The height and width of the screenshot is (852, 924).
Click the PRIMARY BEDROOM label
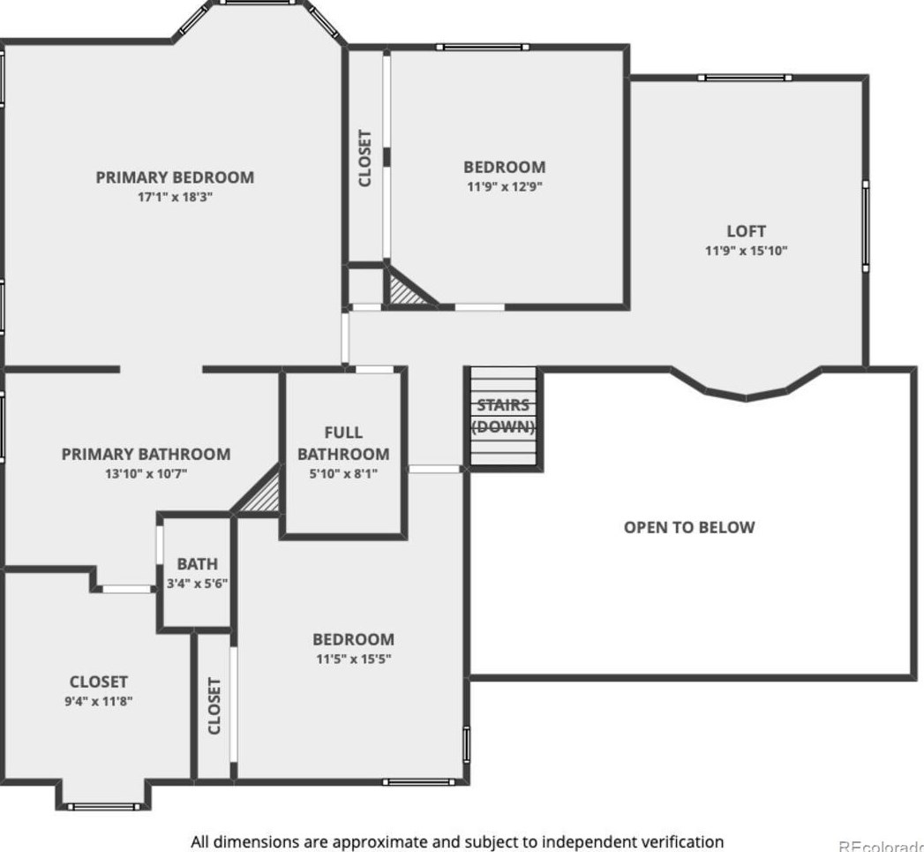pos(175,177)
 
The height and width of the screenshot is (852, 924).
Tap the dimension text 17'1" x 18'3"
pos(175,198)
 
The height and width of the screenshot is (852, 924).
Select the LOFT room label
pos(746,231)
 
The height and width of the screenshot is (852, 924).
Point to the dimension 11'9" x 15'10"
pos(746,251)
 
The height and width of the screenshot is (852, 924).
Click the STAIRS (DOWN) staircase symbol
pos(503,417)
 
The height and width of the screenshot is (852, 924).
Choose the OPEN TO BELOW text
pos(689,527)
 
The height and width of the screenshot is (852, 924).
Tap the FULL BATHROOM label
pos(343,443)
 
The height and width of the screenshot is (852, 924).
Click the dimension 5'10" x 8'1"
pos(343,473)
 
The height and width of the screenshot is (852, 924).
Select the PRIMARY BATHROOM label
pos(146,454)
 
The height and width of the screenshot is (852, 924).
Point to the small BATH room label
pos(197,564)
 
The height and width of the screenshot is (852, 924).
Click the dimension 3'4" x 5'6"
pos(198,584)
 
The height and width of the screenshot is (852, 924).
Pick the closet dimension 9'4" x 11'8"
pos(99,701)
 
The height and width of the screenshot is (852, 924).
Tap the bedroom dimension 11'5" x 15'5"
pos(353,659)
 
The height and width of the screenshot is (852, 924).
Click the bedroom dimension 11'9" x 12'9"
pos(505,186)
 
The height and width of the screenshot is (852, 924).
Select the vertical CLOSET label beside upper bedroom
pos(364,158)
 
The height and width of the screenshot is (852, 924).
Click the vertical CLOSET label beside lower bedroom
pos(214,705)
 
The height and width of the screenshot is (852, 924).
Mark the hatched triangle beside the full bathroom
pos(263,495)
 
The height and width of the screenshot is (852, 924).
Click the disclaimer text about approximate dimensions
pos(457,841)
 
